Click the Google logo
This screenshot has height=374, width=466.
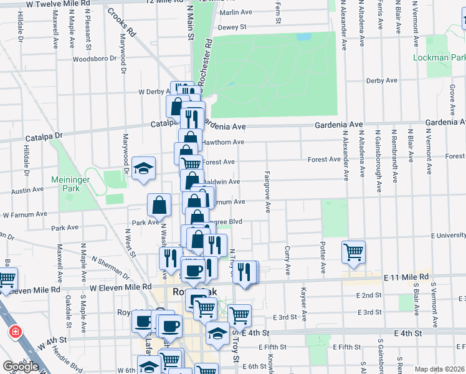tap(21, 367)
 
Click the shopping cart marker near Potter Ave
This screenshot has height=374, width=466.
tap(353, 252)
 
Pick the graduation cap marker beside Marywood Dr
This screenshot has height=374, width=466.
tap(143, 168)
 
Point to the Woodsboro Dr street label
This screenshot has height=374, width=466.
tap(95, 59)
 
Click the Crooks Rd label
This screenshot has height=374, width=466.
tap(121, 22)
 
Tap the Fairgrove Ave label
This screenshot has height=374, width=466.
tap(267, 192)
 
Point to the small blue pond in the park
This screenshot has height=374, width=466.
tap(303, 37)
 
